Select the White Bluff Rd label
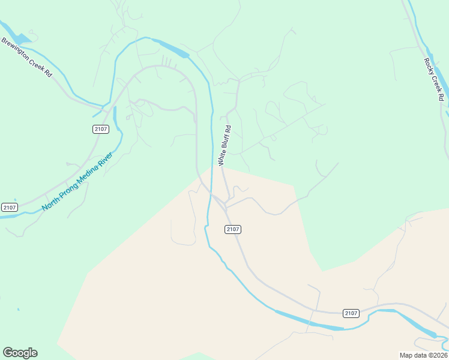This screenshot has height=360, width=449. click(224, 146)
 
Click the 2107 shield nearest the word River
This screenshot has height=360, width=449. click(101, 129)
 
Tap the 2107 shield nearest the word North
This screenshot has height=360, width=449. click(9, 207)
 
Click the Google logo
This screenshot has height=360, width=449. click(20, 353)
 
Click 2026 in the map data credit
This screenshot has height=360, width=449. click(438, 355)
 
